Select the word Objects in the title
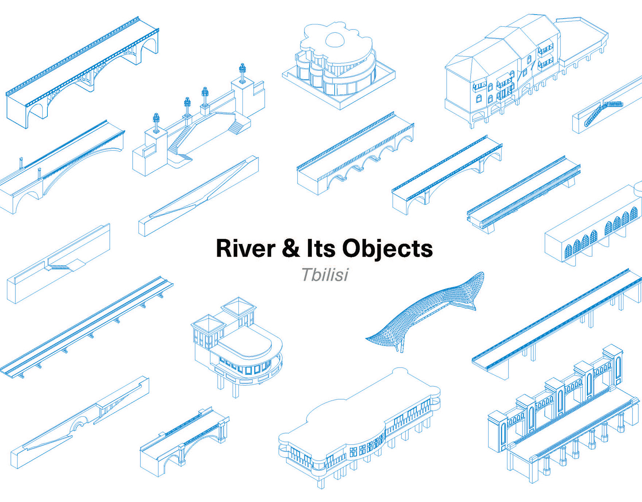[x=387, y=249]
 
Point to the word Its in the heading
[x=321, y=249]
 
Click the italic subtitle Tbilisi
[x=324, y=275]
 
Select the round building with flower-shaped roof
[x=337, y=66]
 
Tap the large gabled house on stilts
[x=510, y=69]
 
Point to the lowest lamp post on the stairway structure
[x=156, y=122]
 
